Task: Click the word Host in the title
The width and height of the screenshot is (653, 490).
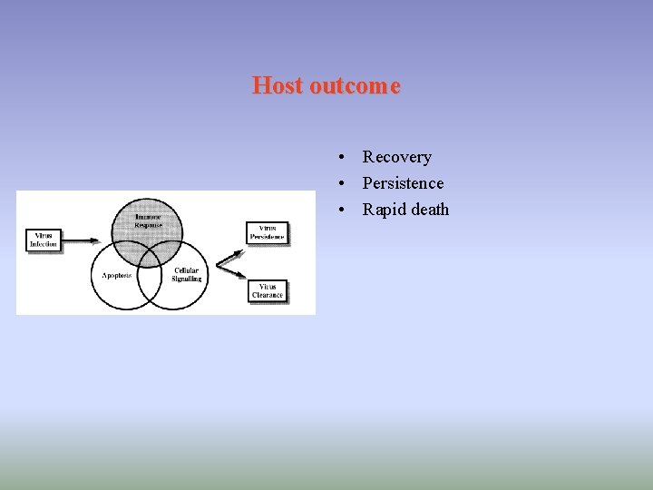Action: [278, 85]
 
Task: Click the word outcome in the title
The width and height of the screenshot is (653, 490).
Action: [354, 85]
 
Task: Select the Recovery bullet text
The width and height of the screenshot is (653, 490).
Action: [396, 157]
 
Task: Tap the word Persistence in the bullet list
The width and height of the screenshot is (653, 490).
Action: [403, 183]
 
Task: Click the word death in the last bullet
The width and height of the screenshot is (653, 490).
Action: [429, 210]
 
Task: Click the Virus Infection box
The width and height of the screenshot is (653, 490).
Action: [44, 240]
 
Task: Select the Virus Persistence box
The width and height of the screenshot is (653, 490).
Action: [268, 232]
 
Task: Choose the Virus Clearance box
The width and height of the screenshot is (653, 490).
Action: [268, 290]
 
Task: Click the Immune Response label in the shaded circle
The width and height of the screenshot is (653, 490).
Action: [148, 220]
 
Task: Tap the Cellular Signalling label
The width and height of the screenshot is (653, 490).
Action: [187, 274]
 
